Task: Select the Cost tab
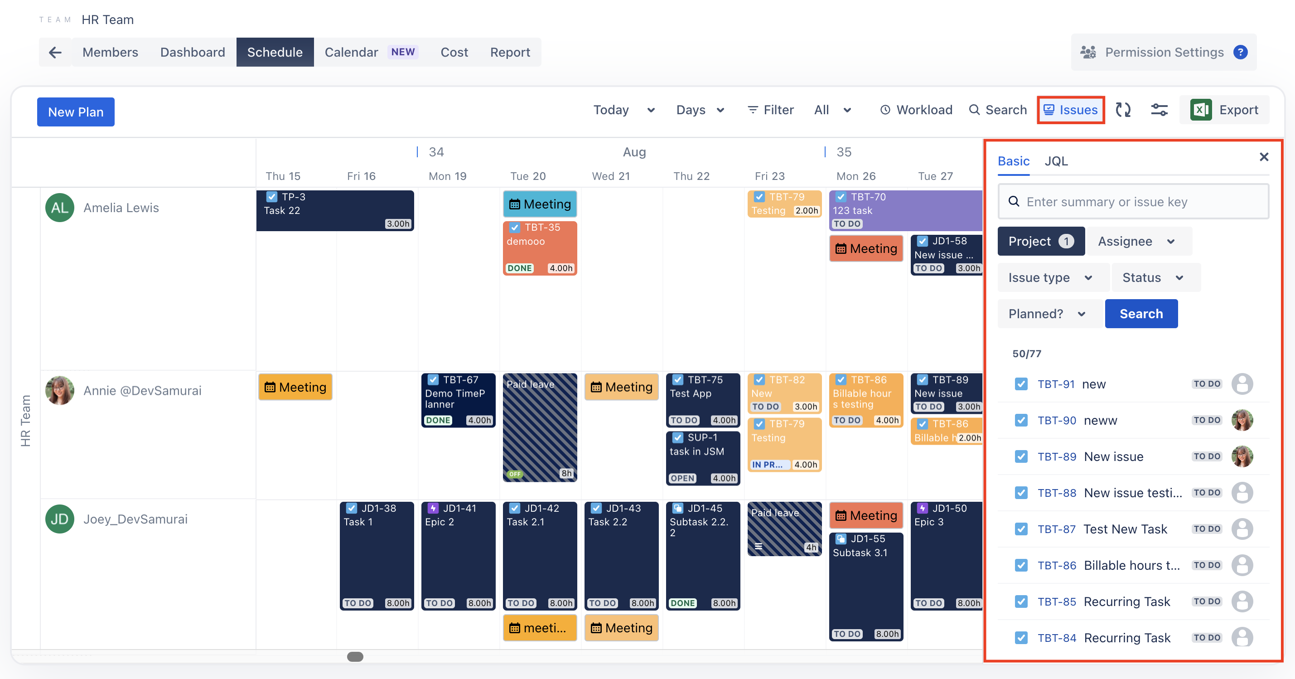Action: pyautogui.click(x=454, y=52)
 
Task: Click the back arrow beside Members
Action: pyautogui.click(x=55, y=52)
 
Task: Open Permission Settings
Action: pyautogui.click(x=1163, y=52)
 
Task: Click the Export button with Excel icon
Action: pyautogui.click(x=1224, y=110)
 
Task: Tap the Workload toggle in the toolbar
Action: pyautogui.click(x=916, y=110)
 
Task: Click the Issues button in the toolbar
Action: pyautogui.click(x=1070, y=110)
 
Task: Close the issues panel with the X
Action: pyautogui.click(x=1264, y=157)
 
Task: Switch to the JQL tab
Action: pyautogui.click(x=1056, y=161)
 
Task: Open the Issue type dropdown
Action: pyautogui.click(x=1050, y=278)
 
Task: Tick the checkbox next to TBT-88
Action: pyautogui.click(x=1021, y=493)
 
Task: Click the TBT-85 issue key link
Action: pyautogui.click(x=1056, y=601)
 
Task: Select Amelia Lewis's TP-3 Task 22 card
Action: pyautogui.click(x=335, y=211)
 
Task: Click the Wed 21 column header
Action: pyautogui.click(x=610, y=176)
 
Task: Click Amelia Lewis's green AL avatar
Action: pyautogui.click(x=60, y=208)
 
